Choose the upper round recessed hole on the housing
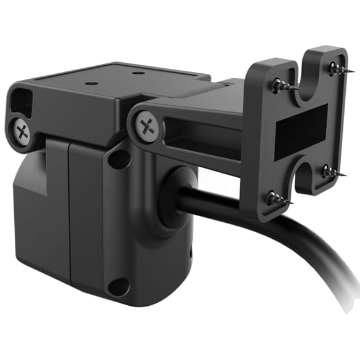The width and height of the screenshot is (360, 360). coord(118,159)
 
